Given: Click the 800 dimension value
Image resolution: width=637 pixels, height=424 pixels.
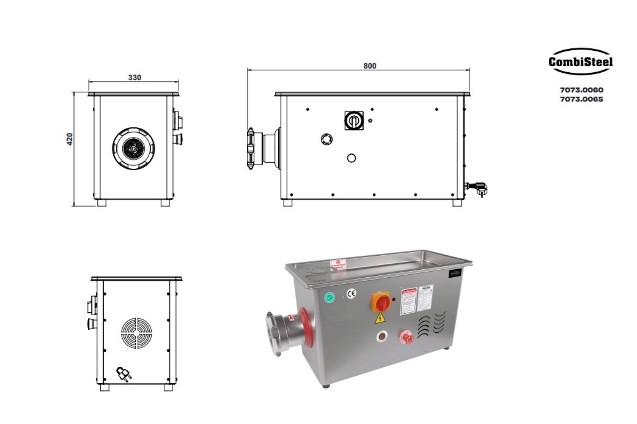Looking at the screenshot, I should click(x=369, y=66).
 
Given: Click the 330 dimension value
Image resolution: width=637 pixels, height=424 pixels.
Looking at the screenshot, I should click(x=134, y=78).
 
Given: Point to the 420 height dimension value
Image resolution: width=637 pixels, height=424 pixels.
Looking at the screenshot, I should click(x=70, y=139).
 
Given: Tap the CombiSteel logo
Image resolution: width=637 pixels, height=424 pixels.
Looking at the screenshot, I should click(x=580, y=62).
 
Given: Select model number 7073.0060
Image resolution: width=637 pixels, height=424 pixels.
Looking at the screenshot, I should click(x=582, y=90).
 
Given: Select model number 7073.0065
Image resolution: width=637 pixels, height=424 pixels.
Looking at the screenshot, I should click(x=582, y=99).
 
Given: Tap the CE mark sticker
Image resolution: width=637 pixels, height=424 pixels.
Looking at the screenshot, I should click(x=352, y=293).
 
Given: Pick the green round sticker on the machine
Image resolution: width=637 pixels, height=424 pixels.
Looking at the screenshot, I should click(x=329, y=298).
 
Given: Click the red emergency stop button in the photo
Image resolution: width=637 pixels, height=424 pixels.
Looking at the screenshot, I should click(x=407, y=338).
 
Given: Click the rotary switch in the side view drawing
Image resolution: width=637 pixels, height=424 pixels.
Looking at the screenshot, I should click(x=354, y=121).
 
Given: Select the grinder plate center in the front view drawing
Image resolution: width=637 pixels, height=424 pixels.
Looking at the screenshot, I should click(x=133, y=149).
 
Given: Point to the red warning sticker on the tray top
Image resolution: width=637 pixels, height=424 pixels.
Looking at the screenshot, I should click(x=338, y=263).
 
